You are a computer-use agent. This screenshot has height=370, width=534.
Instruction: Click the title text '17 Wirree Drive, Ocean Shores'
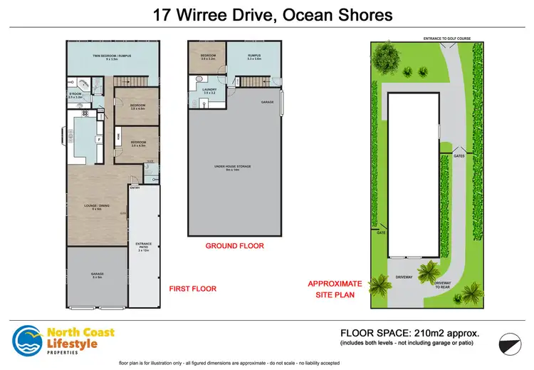click(x=266, y=14)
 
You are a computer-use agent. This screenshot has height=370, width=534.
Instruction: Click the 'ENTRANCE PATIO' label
click(x=144, y=247)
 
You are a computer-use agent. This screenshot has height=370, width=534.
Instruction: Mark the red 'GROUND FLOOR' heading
click(x=234, y=246)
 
